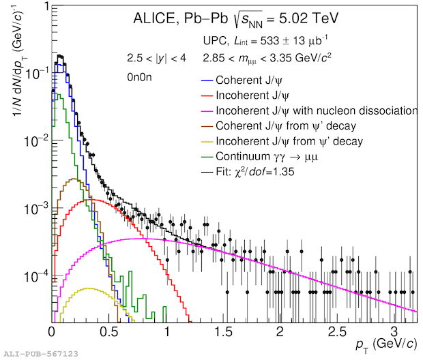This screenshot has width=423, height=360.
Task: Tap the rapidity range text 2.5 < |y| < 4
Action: click(x=156, y=57)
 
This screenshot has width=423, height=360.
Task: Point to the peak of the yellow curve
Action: click(x=87, y=288)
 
